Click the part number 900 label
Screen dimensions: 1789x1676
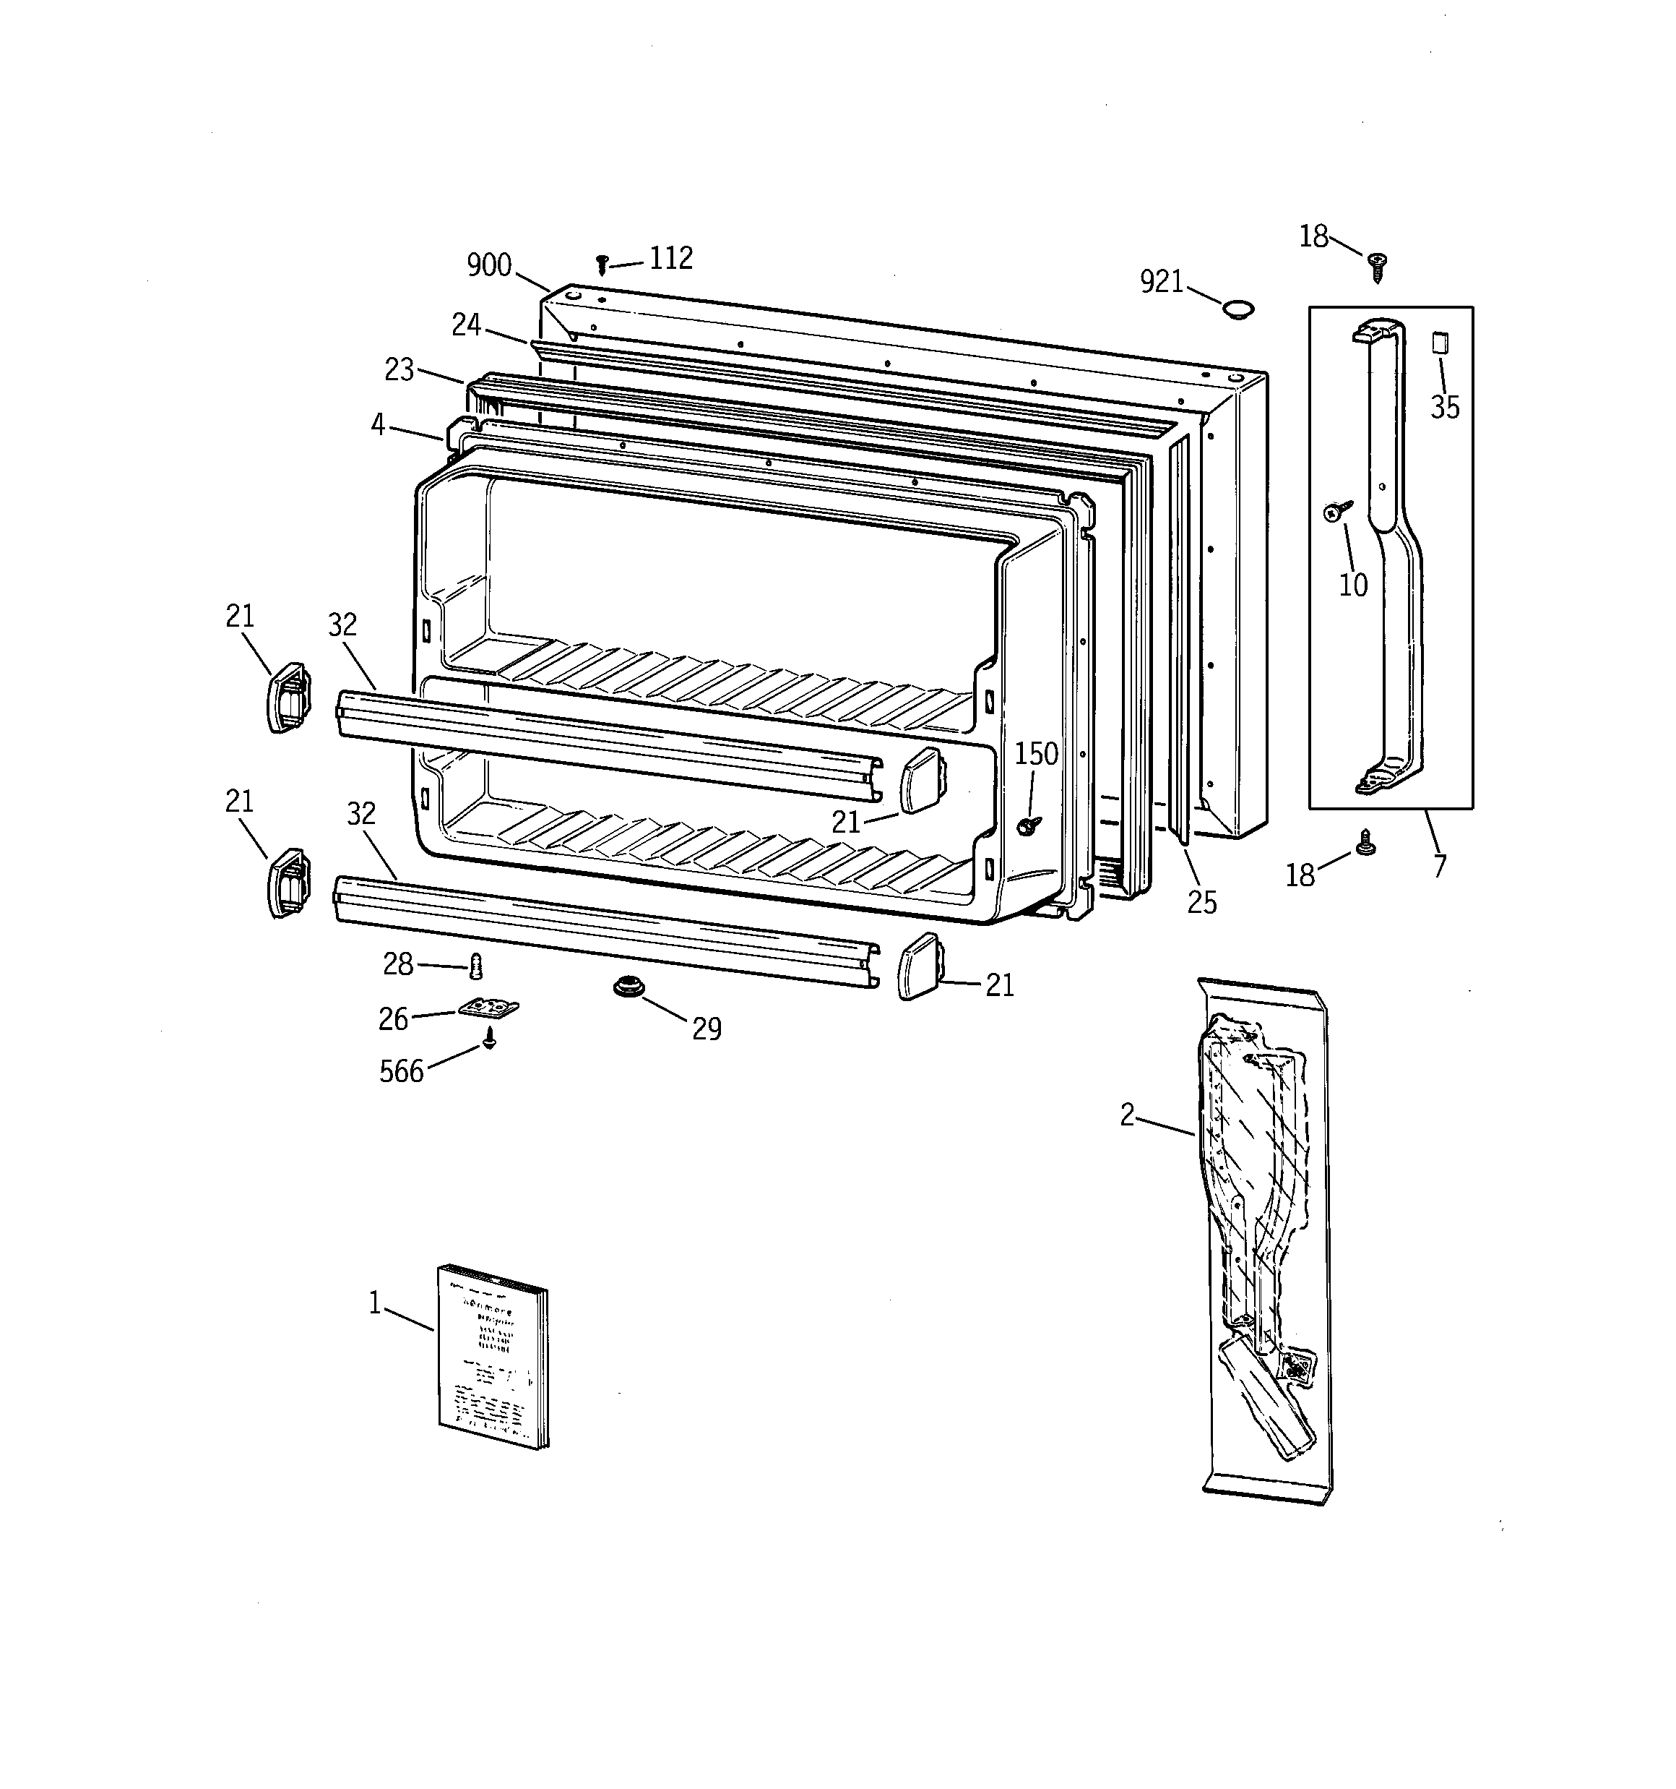tap(488, 265)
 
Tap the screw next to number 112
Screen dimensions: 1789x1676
tap(602, 265)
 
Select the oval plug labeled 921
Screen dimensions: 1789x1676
tap(1238, 309)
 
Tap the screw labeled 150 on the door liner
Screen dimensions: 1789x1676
tap(1027, 825)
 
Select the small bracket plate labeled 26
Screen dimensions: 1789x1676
tap(489, 1008)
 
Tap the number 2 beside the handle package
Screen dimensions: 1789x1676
tap(1127, 1116)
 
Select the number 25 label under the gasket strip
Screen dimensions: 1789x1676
tap(1202, 903)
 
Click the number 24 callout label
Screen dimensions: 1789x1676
tap(466, 325)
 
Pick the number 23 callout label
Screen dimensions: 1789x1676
tap(399, 370)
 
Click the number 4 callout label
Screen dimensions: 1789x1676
tap(378, 425)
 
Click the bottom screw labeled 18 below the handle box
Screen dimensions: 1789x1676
tap(1365, 844)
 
